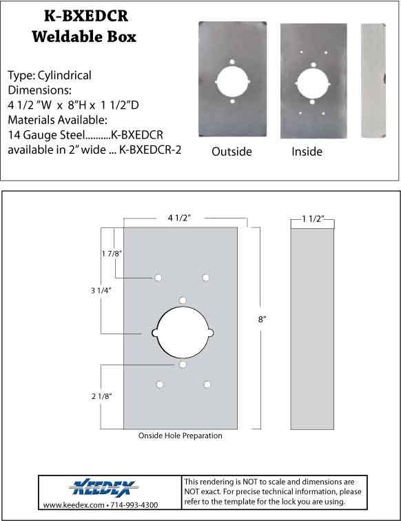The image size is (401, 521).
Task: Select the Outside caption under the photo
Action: coord(232,152)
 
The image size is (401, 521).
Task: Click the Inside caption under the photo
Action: coord(307,152)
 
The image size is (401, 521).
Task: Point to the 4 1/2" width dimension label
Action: coord(181,218)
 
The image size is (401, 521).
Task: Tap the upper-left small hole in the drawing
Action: coord(158,277)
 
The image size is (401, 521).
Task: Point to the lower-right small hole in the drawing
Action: coord(206,384)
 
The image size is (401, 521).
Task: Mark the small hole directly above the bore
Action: coord(182,300)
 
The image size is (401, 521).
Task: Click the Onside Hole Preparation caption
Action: coord(180,436)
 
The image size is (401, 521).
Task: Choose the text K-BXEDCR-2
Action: coord(150,150)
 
